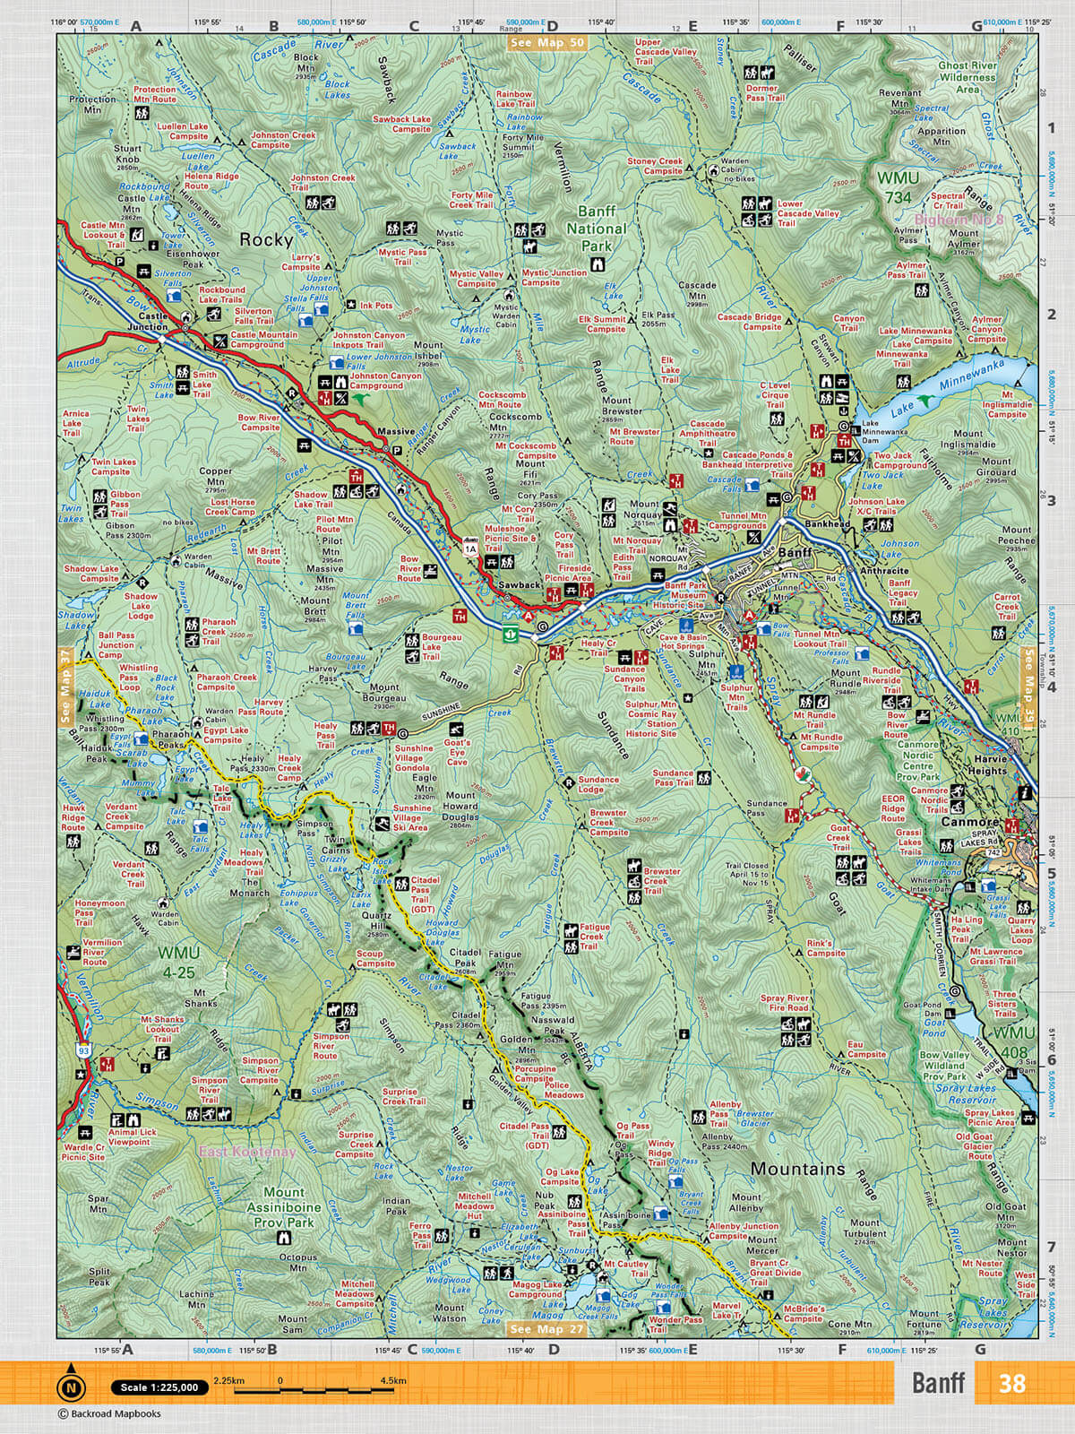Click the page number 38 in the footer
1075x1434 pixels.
pos(1011,1383)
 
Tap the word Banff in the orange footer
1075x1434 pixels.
pos(938,1383)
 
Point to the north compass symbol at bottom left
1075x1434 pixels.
pos(70,1387)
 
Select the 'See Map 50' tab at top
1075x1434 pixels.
pos(546,42)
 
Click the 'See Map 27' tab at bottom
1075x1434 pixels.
pos(546,1329)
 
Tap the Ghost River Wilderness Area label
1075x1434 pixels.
pos(967,77)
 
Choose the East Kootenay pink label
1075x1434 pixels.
pos(247,1152)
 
